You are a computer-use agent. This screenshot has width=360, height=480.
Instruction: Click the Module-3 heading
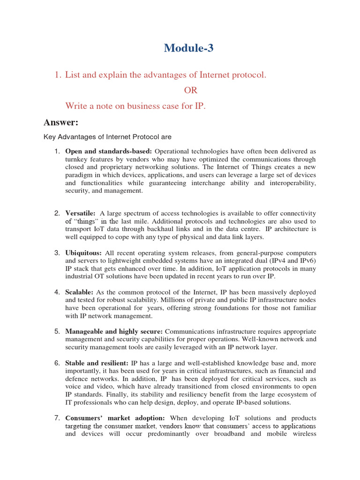point(189,48)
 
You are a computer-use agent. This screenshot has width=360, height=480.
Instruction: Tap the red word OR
point(190,90)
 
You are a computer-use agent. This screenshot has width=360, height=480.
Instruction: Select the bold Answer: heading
point(60,122)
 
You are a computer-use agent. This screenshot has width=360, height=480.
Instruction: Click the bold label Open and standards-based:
point(109,151)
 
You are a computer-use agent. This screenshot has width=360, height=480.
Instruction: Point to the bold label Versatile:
point(81,213)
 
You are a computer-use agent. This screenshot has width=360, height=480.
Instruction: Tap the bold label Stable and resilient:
point(97,363)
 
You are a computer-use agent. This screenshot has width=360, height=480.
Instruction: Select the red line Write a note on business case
point(135,106)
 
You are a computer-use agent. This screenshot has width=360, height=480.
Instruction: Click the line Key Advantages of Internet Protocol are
point(107,137)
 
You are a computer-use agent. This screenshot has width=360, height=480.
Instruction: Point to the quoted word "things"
point(85,221)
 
